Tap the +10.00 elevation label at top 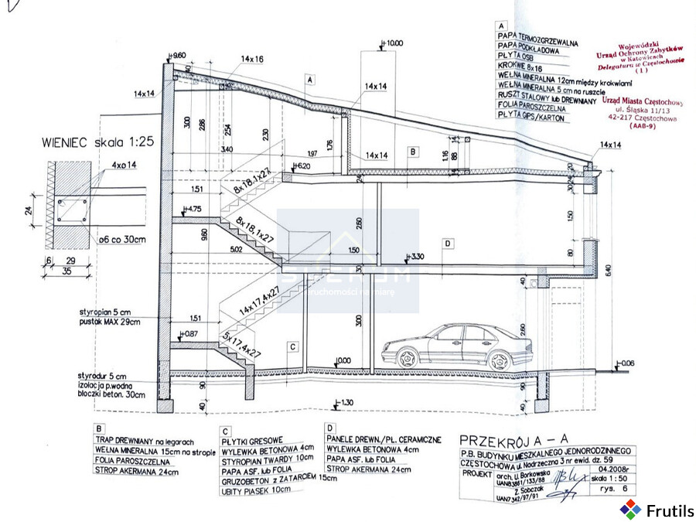click(393, 43)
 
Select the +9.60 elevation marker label click(177, 56)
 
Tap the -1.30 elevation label click(343, 402)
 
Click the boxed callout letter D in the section click(447, 244)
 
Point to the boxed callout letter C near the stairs click(292, 347)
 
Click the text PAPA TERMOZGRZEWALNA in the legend click(538, 36)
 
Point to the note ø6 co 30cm click(118, 239)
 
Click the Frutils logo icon click(631, 509)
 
